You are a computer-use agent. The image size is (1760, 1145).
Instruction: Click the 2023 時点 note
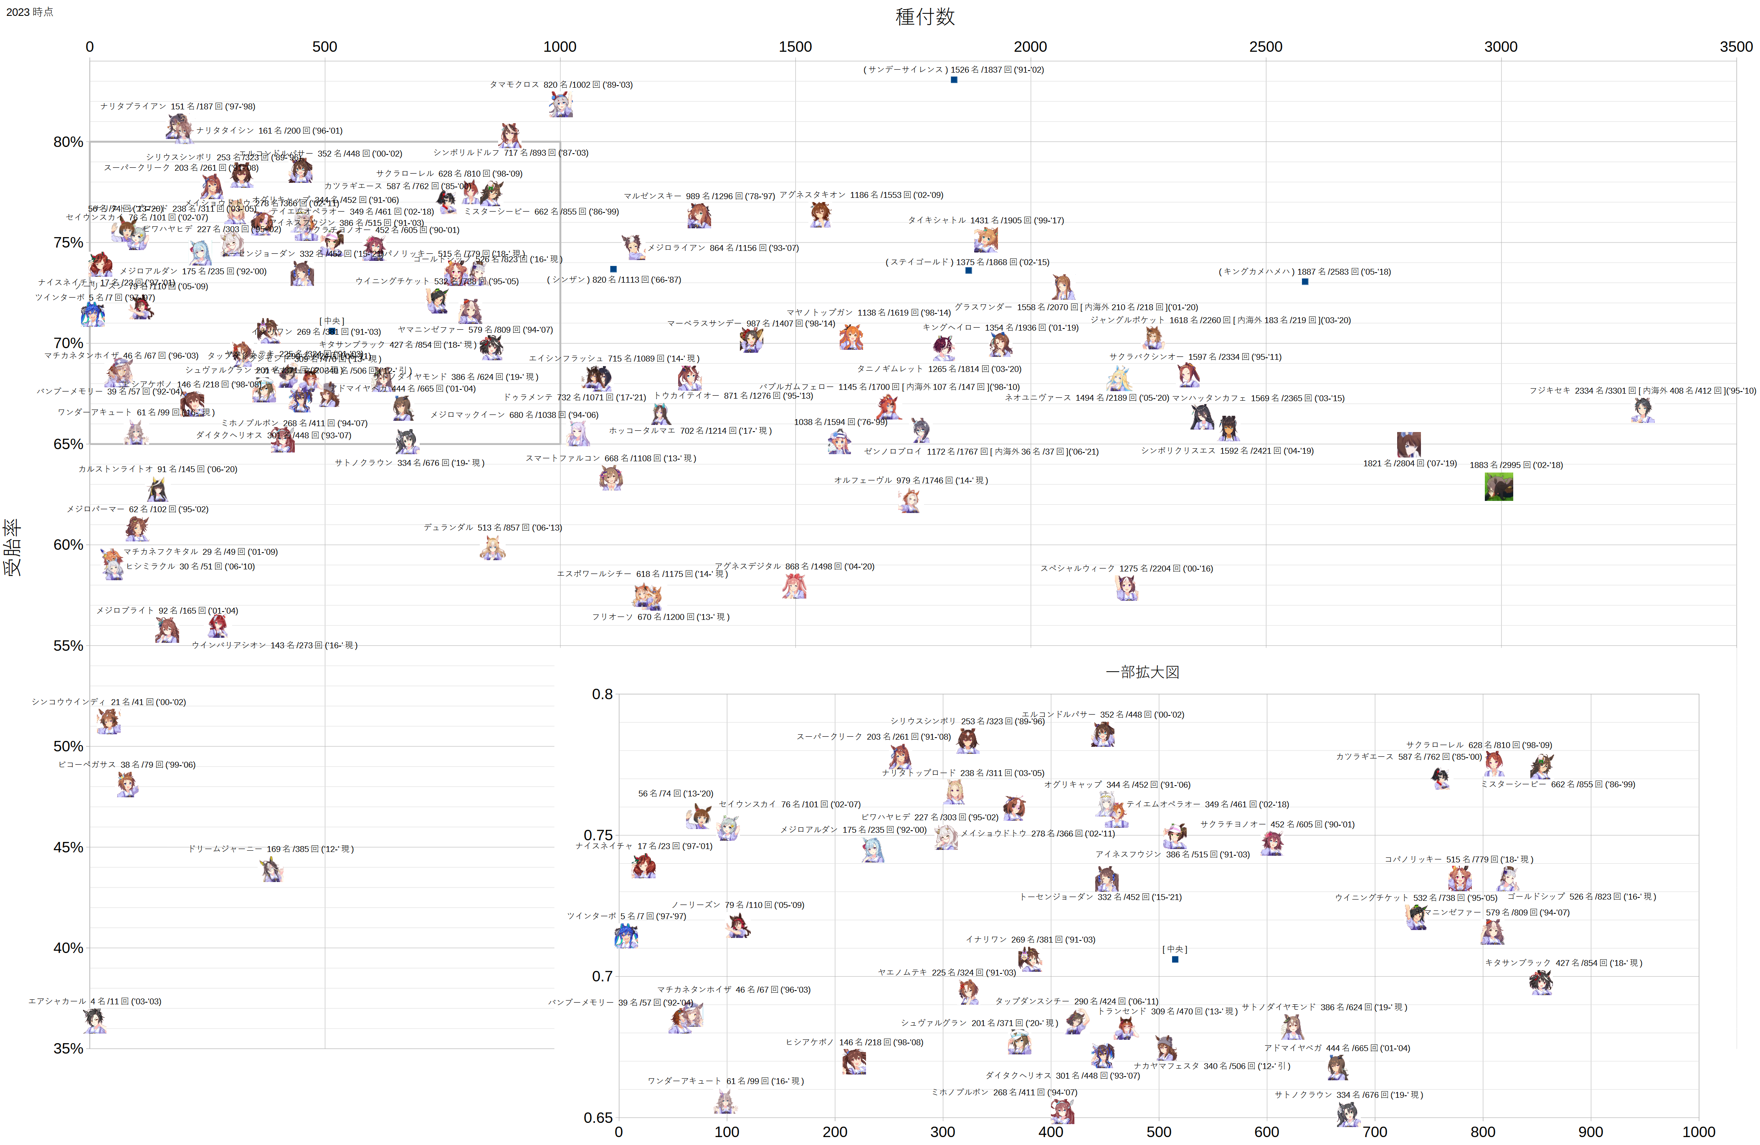coord(30,12)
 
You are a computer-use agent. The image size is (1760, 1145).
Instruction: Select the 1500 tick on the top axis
coord(795,47)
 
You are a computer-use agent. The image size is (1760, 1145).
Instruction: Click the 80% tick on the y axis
coord(68,142)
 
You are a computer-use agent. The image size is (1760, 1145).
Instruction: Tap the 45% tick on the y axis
coord(68,847)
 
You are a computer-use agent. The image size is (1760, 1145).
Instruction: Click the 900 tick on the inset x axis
coord(1590,1132)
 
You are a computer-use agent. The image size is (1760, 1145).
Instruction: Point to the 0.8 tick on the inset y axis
coord(602,694)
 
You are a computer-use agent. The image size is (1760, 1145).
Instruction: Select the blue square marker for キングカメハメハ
coord(1305,282)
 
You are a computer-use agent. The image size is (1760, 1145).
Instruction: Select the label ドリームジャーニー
coord(225,849)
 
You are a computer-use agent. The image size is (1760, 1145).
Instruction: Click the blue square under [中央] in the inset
coord(1175,960)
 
